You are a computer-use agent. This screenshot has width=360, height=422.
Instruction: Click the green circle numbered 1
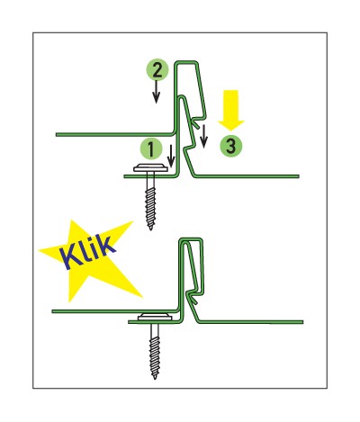151,149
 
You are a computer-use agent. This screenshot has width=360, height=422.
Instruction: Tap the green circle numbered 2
157,70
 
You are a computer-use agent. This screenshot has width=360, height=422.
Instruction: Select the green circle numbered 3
230,146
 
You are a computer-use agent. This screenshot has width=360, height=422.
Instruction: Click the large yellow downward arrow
231,110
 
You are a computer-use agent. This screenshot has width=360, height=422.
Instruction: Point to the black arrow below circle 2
156,92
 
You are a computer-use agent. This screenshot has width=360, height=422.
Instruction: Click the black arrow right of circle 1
171,156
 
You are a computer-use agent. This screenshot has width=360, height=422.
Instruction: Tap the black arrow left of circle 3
204,137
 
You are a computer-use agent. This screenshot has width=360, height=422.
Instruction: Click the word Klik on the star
88,253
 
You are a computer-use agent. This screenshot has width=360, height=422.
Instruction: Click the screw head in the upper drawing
150,168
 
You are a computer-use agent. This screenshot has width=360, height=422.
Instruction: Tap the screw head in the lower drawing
155,317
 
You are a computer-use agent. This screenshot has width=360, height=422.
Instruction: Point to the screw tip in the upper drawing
151,228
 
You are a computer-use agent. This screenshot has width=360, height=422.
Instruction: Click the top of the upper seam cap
186,62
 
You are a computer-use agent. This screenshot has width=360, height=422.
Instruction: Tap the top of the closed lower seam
191,239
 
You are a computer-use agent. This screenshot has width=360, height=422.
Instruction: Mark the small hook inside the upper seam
194,124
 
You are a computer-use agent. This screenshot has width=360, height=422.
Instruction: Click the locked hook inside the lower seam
193,299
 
